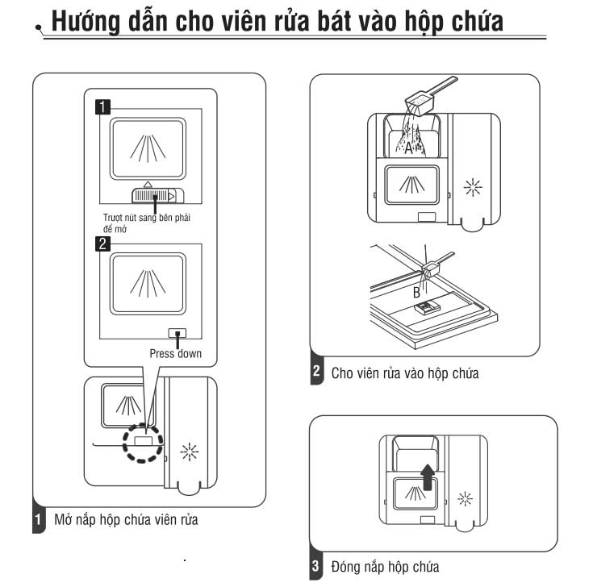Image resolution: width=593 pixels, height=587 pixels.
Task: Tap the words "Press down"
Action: pyautogui.click(x=176, y=353)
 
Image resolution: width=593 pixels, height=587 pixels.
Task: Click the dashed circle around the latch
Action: pyautogui.click(x=143, y=441)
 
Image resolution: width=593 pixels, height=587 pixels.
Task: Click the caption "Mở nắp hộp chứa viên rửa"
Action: pyautogui.click(x=126, y=520)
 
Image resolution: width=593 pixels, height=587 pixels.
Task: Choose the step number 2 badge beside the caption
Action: pyautogui.click(x=316, y=373)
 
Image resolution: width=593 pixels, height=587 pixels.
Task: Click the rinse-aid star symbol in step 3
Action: pyautogui.click(x=465, y=499)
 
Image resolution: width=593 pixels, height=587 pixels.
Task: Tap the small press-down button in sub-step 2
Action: pyautogui.click(x=176, y=332)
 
